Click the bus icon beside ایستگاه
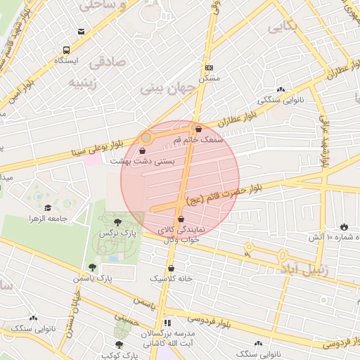(66, 50)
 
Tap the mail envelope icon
(82, 32)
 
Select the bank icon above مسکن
(208, 67)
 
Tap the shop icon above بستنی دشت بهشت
(143, 150)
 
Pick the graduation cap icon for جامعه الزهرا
(48, 207)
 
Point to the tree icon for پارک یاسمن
(92, 267)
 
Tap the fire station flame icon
(343, 226)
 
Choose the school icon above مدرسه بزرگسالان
(167, 323)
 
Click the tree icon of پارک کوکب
(117, 345)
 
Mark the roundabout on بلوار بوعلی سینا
(146, 139)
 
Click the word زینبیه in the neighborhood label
(87, 82)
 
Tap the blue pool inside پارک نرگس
(112, 259)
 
